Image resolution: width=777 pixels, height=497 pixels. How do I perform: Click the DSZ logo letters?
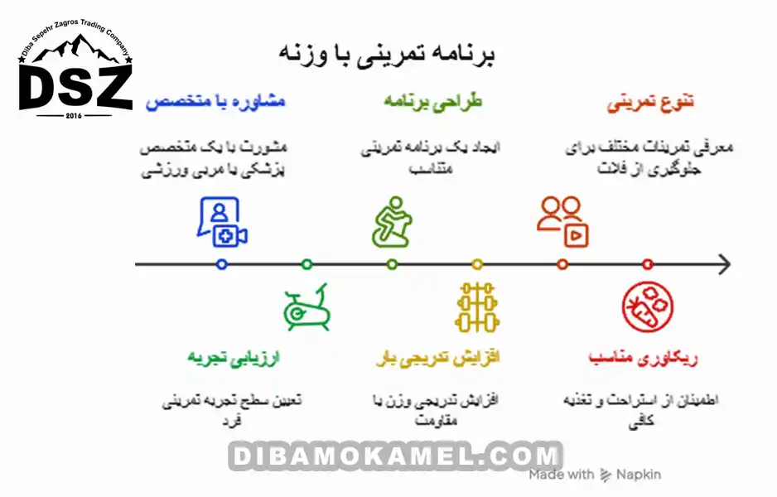75,86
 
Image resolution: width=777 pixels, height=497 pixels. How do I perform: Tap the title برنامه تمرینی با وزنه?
387,55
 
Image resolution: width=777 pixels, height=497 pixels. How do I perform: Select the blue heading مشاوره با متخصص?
215,102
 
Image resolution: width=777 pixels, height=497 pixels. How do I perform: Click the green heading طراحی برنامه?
432,102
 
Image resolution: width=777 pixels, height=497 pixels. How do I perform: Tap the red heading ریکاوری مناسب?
644,358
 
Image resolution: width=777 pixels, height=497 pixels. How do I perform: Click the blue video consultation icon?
221,222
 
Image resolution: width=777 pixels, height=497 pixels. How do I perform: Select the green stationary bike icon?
306,310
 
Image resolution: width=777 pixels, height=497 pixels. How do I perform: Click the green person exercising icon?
392,222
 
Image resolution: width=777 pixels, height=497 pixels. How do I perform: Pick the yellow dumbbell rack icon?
477,307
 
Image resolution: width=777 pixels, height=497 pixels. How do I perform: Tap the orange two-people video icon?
562,221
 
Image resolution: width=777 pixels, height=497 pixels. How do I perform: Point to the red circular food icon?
648,307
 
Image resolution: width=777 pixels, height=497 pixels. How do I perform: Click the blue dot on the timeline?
221,264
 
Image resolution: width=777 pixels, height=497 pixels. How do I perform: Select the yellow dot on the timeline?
477,264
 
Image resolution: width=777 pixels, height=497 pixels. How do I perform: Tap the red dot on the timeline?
648,264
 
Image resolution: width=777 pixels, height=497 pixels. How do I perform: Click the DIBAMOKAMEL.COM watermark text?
395,456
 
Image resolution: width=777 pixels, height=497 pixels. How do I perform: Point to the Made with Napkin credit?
595,475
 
